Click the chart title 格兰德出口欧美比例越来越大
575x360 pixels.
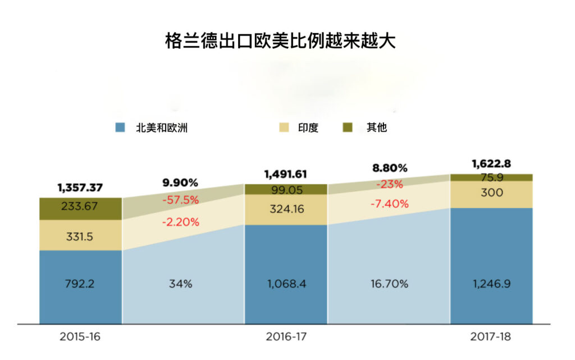(x=280, y=42)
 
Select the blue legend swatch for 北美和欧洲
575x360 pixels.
(x=120, y=128)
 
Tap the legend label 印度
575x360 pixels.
(x=308, y=128)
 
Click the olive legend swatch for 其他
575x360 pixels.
(x=348, y=128)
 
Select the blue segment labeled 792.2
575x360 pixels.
(x=80, y=284)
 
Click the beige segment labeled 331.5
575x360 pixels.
(x=80, y=236)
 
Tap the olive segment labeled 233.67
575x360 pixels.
(x=80, y=206)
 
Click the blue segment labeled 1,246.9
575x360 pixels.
(x=492, y=284)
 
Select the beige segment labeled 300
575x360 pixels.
(x=492, y=193)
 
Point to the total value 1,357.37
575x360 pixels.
(x=80, y=188)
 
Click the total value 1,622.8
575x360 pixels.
(x=492, y=164)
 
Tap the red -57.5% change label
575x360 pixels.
(x=180, y=200)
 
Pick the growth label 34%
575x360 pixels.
(x=180, y=284)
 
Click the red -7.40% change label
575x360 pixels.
(x=389, y=204)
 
